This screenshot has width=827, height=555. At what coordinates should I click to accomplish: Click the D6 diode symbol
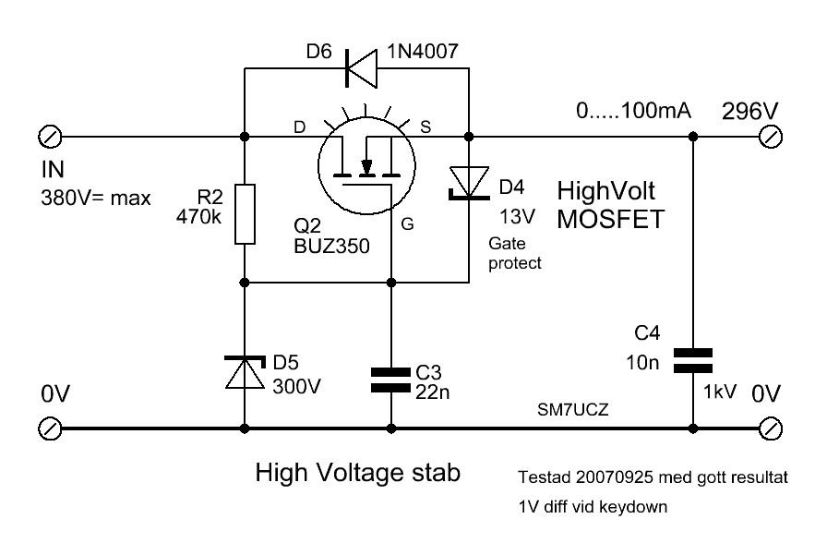tap(361, 68)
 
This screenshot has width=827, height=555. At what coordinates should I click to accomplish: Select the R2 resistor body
tap(245, 214)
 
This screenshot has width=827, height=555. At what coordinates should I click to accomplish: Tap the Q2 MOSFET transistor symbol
tap(366, 165)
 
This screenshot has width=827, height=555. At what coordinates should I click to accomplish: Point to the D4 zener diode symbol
tap(468, 183)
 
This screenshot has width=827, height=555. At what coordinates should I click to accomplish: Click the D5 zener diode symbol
tap(245, 372)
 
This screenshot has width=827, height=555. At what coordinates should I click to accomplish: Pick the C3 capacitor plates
tap(390, 380)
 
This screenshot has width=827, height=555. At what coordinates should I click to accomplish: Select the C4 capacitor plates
tap(693, 361)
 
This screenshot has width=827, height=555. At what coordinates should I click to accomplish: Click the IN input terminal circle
tap(50, 138)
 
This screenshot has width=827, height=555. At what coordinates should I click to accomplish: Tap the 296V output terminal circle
tap(771, 138)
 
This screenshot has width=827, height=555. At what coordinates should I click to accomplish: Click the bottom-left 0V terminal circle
tap(50, 428)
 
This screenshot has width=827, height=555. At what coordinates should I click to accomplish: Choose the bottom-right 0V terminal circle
tap(771, 428)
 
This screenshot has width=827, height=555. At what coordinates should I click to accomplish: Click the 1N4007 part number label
tap(423, 51)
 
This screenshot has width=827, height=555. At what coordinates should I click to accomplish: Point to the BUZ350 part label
tap(331, 247)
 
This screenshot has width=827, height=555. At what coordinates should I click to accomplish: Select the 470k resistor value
tap(198, 217)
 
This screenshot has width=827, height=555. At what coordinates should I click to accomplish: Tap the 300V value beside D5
tap(297, 387)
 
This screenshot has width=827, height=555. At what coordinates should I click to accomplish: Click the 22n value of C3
tap(433, 392)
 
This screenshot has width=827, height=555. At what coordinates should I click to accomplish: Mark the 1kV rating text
tap(720, 392)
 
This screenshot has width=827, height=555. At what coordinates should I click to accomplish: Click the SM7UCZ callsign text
tap(573, 409)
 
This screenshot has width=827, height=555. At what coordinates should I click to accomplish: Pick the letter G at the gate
tap(407, 224)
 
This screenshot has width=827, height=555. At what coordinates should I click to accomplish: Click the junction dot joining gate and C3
tap(390, 283)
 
